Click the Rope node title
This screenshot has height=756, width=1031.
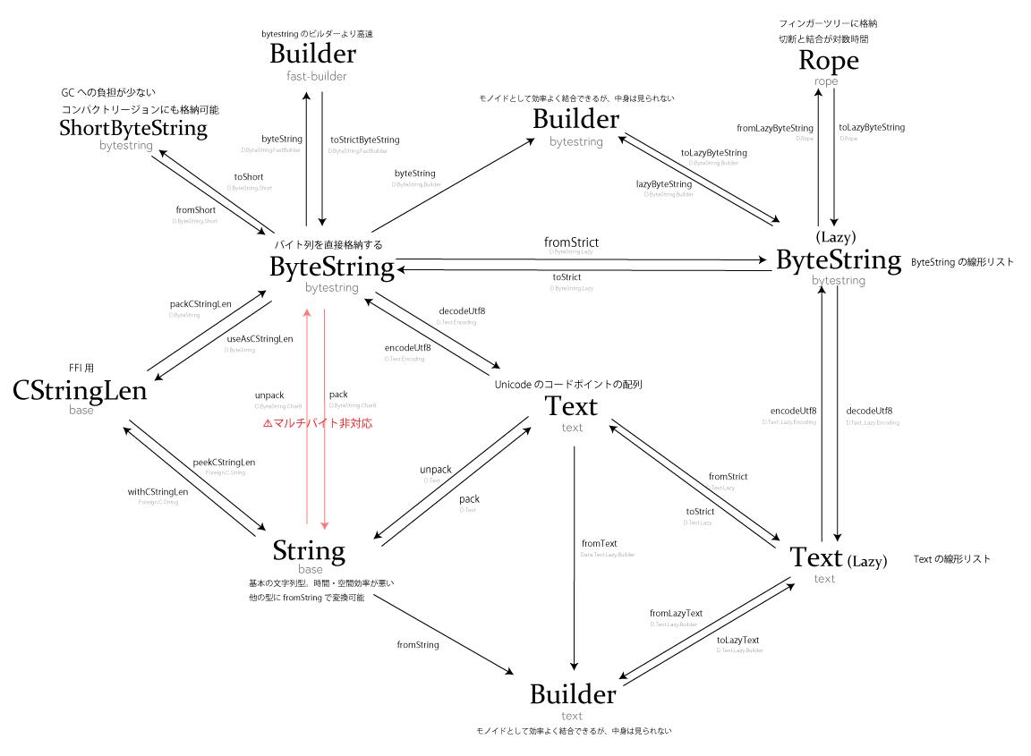point(829,61)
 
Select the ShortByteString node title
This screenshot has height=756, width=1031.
point(132,129)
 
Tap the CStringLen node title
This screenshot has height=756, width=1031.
point(80,391)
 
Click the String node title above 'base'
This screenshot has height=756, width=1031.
point(309,549)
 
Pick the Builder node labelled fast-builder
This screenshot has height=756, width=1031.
point(312,54)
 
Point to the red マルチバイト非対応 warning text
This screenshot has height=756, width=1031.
point(317,423)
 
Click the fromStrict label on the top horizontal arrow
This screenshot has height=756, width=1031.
point(571,242)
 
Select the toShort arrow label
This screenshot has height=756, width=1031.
point(248,177)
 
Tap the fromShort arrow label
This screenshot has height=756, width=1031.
point(195,209)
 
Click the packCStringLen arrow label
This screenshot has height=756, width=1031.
point(200,304)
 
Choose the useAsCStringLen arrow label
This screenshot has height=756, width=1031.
point(260,338)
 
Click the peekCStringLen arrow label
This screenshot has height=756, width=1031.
point(224,462)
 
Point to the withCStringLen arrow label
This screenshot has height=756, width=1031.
point(158,491)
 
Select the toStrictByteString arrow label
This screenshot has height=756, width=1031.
point(364,140)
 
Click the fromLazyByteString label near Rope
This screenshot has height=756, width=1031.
point(775,128)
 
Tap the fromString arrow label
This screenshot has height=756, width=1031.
point(418,644)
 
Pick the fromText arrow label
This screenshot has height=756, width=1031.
point(599,543)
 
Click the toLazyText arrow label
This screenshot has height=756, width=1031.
point(738,640)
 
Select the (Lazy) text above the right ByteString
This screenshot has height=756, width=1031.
point(837,237)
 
